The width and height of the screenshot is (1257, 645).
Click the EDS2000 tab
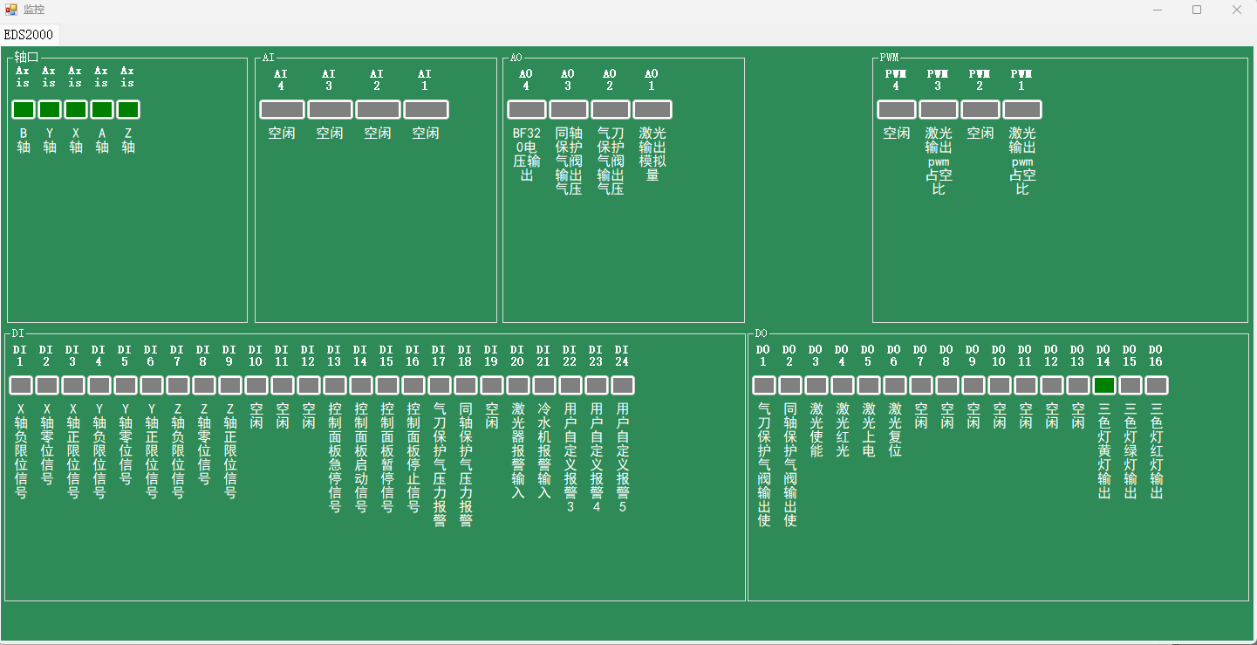click(29, 35)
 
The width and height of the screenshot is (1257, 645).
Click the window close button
click(1236, 10)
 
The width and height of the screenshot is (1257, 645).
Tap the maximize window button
click(1197, 10)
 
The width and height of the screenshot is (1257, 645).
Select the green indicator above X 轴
click(76, 110)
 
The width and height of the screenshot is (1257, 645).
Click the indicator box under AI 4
click(282, 110)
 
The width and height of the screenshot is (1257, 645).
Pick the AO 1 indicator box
click(652, 110)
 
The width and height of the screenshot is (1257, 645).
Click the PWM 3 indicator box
click(938, 110)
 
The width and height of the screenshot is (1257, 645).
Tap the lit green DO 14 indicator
click(1103, 386)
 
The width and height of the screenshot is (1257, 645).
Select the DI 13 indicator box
click(334, 386)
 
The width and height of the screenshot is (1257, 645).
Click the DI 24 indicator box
click(622, 386)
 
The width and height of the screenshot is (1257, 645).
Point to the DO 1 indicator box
click(763, 386)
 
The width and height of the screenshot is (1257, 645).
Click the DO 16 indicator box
click(1156, 386)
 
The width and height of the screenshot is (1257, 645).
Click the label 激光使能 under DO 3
click(816, 429)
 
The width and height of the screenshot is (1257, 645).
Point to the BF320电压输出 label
click(526, 154)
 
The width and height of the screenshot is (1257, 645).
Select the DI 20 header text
click(517, 355)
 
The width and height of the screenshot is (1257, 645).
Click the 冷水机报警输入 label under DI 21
click(543, 449)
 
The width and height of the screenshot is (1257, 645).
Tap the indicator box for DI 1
click(21, 386)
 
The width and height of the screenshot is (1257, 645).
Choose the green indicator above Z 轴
click(128, 110)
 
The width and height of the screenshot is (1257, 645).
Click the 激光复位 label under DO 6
click(894, 429)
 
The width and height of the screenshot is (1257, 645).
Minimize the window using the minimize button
click(1158, 10)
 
